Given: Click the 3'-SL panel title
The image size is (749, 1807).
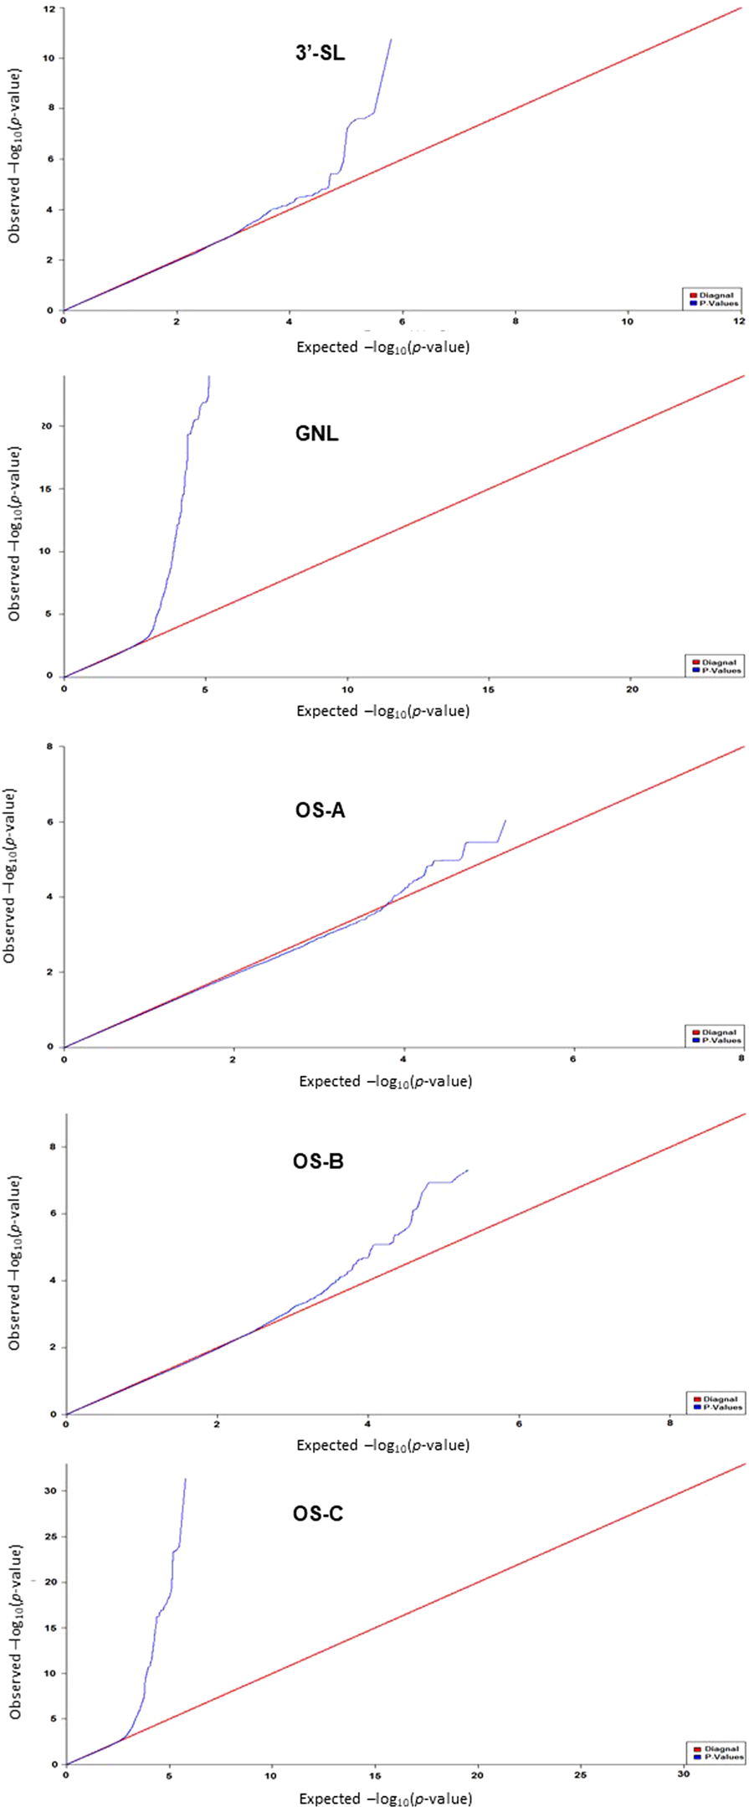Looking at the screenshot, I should point(315,54).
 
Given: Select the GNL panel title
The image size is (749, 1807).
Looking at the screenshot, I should point(316,434).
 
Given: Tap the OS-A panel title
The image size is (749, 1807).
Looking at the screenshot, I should point(320,811).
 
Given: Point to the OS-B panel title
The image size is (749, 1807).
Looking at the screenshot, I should point(318,1161).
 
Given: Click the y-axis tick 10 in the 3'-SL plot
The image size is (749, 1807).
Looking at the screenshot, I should point(49,58).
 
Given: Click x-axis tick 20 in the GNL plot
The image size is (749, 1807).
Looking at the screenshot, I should point(632,689).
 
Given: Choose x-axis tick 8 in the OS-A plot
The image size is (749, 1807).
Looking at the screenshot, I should point(741,1058).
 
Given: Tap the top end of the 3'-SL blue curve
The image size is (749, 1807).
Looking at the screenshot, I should point(391,39).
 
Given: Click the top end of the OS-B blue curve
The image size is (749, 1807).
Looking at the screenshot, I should point(467,1170).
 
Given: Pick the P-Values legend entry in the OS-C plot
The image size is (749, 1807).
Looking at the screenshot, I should point(720,1757).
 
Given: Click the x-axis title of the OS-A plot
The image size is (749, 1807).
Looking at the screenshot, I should point(385,1081).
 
